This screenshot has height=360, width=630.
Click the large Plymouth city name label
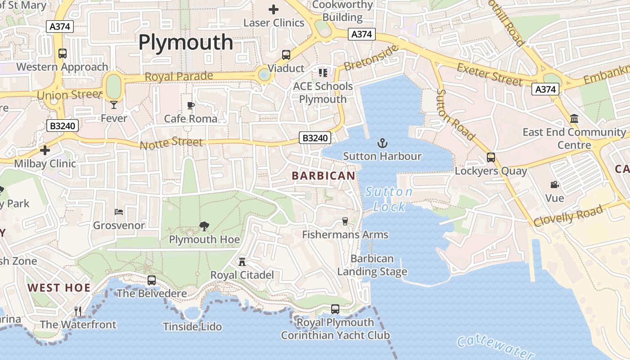[185, 42]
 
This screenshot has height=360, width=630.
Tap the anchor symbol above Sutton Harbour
[382, 144]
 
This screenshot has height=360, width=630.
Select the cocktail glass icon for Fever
[113, 105]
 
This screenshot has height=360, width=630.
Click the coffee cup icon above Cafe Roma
[191, 105]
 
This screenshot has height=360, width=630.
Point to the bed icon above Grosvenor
[119, 211]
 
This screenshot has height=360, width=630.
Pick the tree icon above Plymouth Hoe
[204, 226]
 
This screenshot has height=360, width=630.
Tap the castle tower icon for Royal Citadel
[242, 261]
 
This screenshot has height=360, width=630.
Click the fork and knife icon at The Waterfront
[78, 311]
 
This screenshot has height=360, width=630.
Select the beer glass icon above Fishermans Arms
[345, 221]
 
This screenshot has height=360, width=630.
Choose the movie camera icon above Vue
[554, 184]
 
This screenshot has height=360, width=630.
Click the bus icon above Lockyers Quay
[491, 157]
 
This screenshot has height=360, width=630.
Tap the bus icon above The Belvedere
[152, 280]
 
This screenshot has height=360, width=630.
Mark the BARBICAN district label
[324, 175]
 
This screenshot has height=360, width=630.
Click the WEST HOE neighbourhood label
[59, 288]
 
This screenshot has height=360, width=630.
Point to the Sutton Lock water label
[389, 199]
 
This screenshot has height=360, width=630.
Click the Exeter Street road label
[490, 75]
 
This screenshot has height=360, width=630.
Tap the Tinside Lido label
[193, 326]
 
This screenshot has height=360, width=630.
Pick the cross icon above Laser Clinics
[274, 9]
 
